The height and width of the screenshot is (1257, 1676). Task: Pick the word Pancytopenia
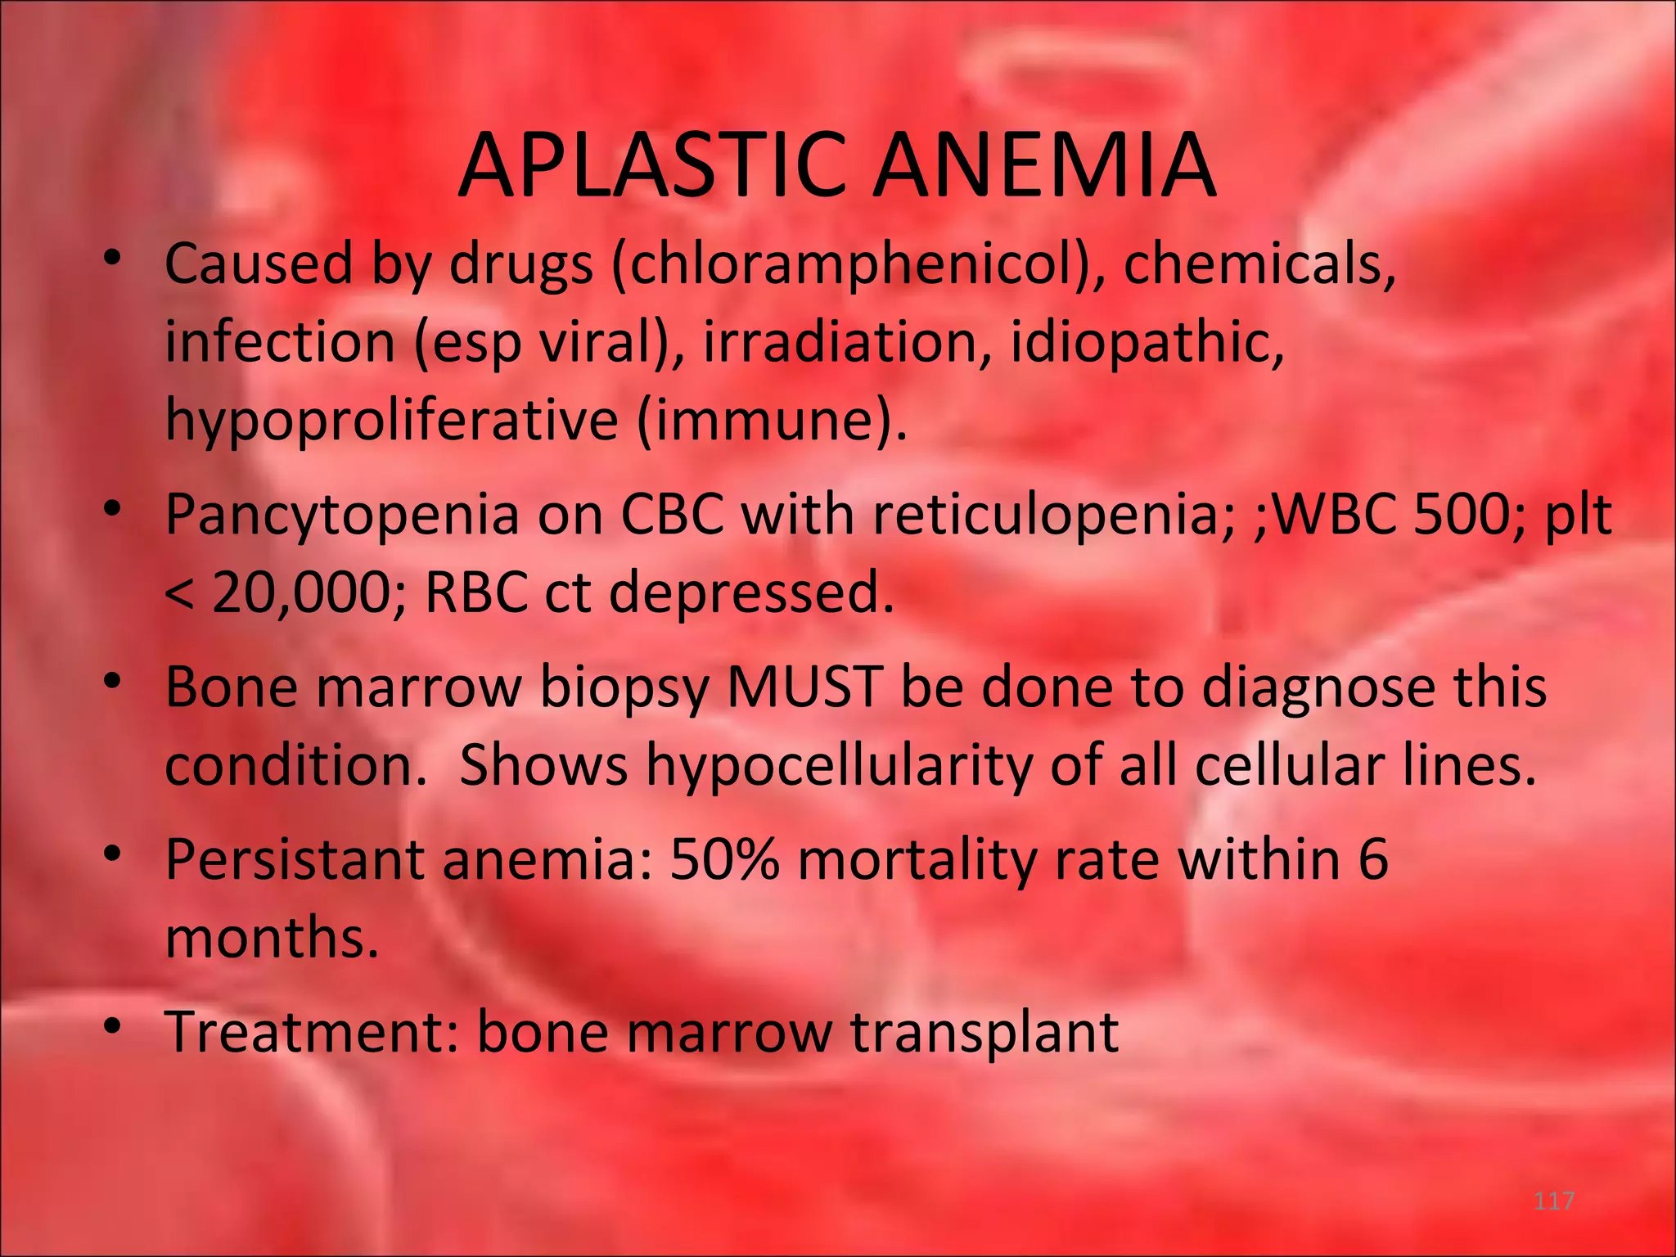click(x=342, y=516)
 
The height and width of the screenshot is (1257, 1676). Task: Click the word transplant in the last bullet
click(x=984, y=1033)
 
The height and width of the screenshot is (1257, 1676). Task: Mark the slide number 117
click(x=1553, y=1201)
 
